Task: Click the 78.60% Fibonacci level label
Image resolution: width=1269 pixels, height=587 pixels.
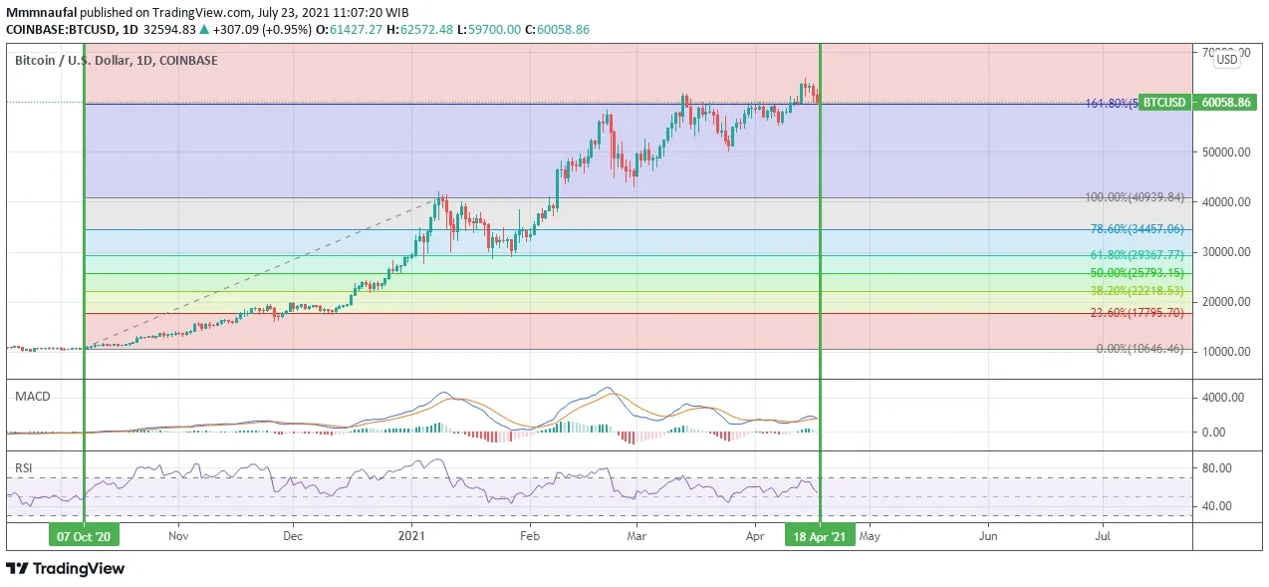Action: pos(1137,229)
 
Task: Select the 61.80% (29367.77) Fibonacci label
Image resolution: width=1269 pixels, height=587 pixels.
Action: pos(1137,255)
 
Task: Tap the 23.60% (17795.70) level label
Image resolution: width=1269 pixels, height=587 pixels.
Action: pos(1137,313)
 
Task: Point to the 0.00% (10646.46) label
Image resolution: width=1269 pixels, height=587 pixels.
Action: pos(1140,349)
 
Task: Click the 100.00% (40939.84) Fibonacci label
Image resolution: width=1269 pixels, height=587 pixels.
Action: pos(1135,197)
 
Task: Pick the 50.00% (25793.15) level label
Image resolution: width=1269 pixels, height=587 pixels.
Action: pos(1137,273)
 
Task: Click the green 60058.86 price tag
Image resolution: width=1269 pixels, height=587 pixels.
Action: pos(1226,103)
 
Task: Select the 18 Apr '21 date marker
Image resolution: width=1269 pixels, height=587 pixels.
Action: pos(820,536)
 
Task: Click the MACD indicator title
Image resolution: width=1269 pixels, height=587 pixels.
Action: pos(32,397)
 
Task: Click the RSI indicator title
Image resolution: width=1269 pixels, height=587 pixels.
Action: pos(23,466)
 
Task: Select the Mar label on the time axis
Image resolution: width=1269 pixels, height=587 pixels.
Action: pos(637,536)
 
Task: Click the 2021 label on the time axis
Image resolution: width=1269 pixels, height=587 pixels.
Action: pos(410,536)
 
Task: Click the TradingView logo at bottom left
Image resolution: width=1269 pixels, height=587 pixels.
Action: pos(66,569)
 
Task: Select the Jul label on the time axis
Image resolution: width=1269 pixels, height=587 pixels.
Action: pos(1104,536)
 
